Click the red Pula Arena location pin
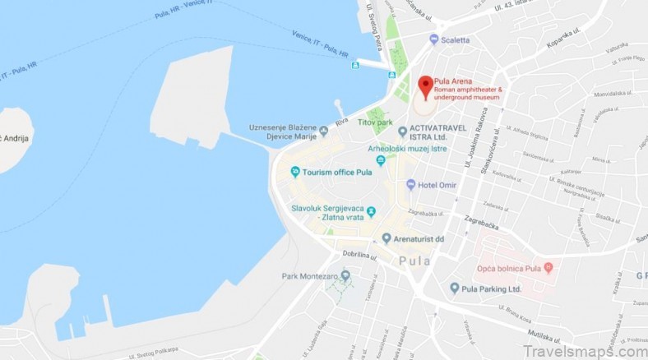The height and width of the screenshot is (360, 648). click(425, 85)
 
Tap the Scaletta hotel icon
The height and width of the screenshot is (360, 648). click(433, 39)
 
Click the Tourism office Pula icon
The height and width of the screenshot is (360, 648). click(294, 171)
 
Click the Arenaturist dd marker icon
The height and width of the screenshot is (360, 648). click(386, 238)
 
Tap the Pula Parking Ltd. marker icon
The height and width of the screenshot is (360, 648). click(454, 288)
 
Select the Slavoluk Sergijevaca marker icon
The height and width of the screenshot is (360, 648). click(371, 212)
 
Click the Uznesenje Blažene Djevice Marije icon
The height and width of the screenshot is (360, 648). click(324, 132)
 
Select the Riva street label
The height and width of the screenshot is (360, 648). click(341, 120)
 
